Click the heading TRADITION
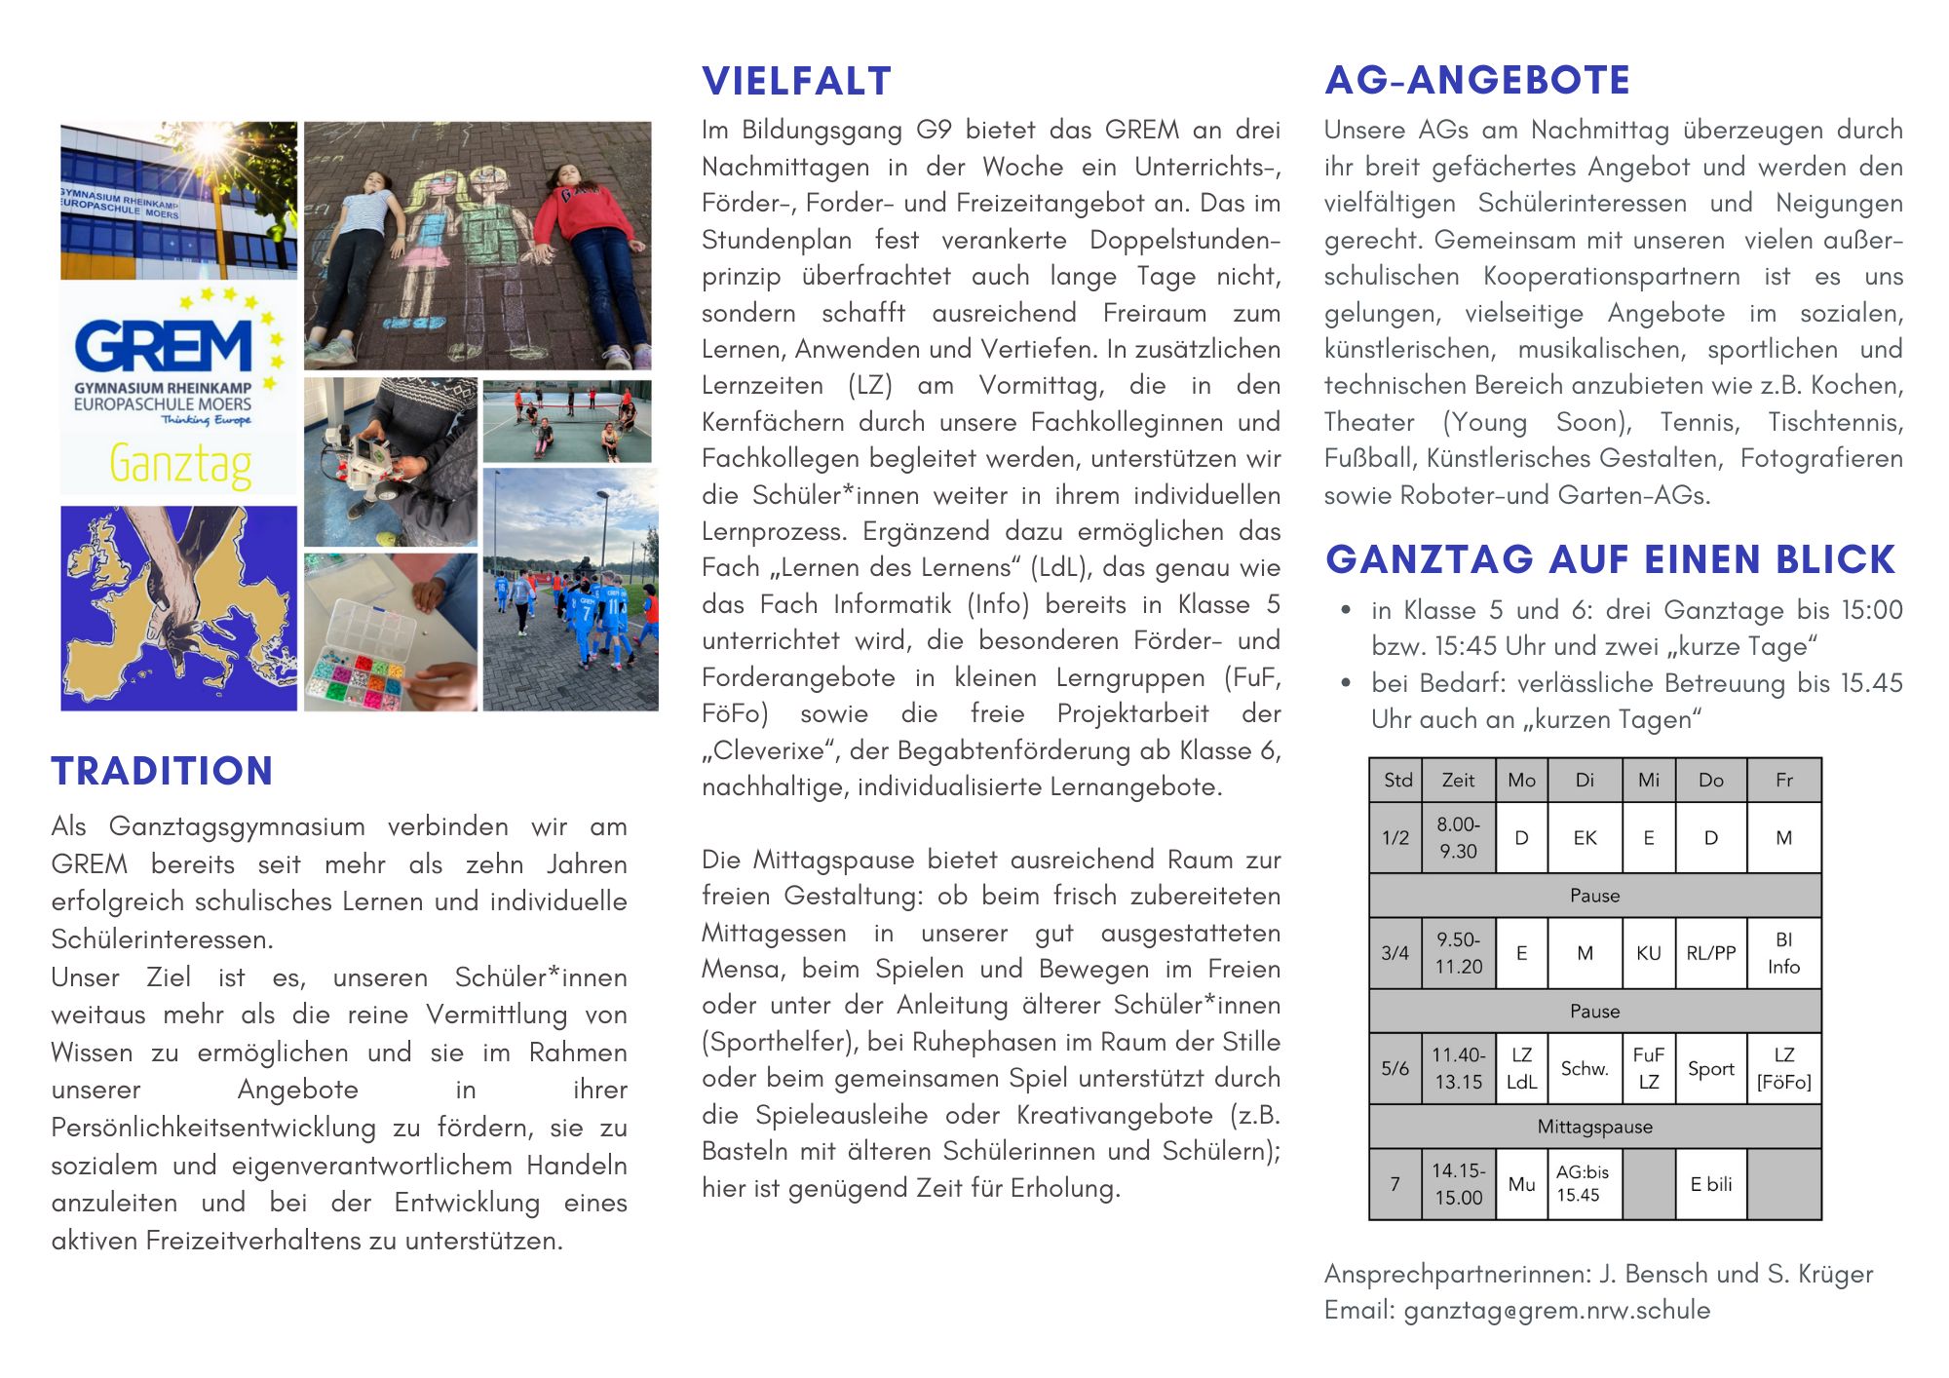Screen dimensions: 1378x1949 click(162, 771)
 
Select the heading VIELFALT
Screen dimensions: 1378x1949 click(796, 81)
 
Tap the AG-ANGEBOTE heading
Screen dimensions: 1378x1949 click(1476, 80)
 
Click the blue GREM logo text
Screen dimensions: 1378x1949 click(164, 347)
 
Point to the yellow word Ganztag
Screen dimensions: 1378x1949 click(180, 464)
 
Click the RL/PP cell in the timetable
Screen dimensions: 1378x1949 click(1710, 953)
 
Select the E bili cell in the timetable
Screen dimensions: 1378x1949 click(1710, 1184)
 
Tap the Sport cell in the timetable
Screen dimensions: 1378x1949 click(1710, 1068)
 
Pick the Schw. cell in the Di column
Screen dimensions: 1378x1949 click(1585, 1068)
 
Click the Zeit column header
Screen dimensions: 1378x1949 click(1458, 780)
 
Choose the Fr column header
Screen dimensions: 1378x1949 click(1783, 780)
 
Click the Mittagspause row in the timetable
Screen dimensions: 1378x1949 click(1594, 1127)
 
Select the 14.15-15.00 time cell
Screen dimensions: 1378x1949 click(1458, 1184)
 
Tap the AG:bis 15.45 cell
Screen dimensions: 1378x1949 click(1583, 1184)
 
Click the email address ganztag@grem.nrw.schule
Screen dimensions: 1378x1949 click(1556, 1310)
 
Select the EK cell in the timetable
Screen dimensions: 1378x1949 click(1585, 837)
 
